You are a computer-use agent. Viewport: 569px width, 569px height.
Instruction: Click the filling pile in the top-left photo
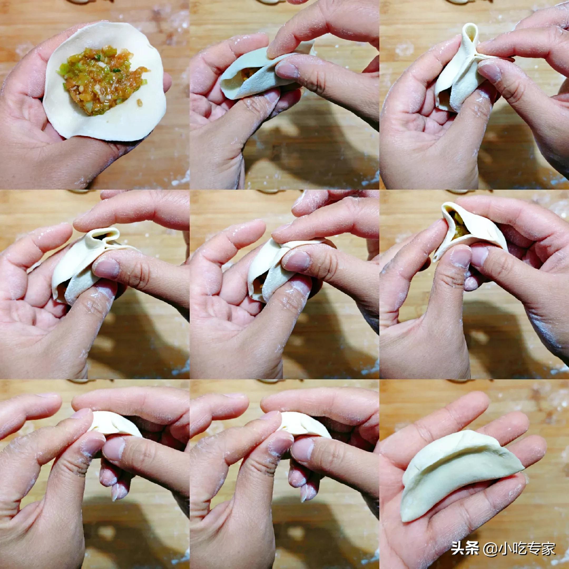tap(102, 80)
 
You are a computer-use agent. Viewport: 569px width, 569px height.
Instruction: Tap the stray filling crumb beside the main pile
tap(140, 103)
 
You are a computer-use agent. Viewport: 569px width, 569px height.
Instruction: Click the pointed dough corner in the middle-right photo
tap(445, 206)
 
